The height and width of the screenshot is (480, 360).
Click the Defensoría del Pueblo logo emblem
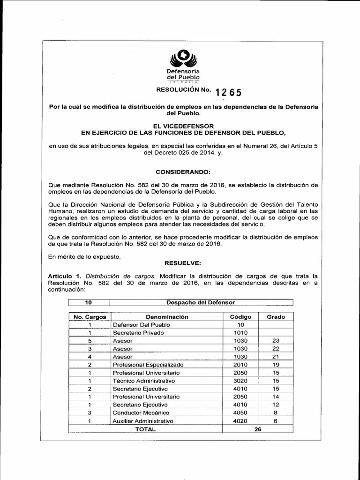point(183,59)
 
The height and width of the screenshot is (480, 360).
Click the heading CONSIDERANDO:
point(183,172)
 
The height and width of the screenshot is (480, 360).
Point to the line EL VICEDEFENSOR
point(183,126)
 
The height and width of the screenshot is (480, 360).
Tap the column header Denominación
point(163,317)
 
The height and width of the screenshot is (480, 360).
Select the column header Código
point(240,317)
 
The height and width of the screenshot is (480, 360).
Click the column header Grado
point(276,317)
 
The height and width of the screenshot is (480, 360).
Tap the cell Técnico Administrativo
point(143,381)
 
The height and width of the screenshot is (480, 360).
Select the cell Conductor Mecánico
point(141,412)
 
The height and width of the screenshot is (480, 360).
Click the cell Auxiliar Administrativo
point(143,421)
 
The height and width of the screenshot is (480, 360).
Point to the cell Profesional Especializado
point(148,365)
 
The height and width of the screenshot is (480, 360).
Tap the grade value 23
point(276,341)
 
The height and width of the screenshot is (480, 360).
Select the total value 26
point(256,429)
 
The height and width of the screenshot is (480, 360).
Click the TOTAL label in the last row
point(145,429)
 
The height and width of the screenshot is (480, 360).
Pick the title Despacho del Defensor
point(201,302)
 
